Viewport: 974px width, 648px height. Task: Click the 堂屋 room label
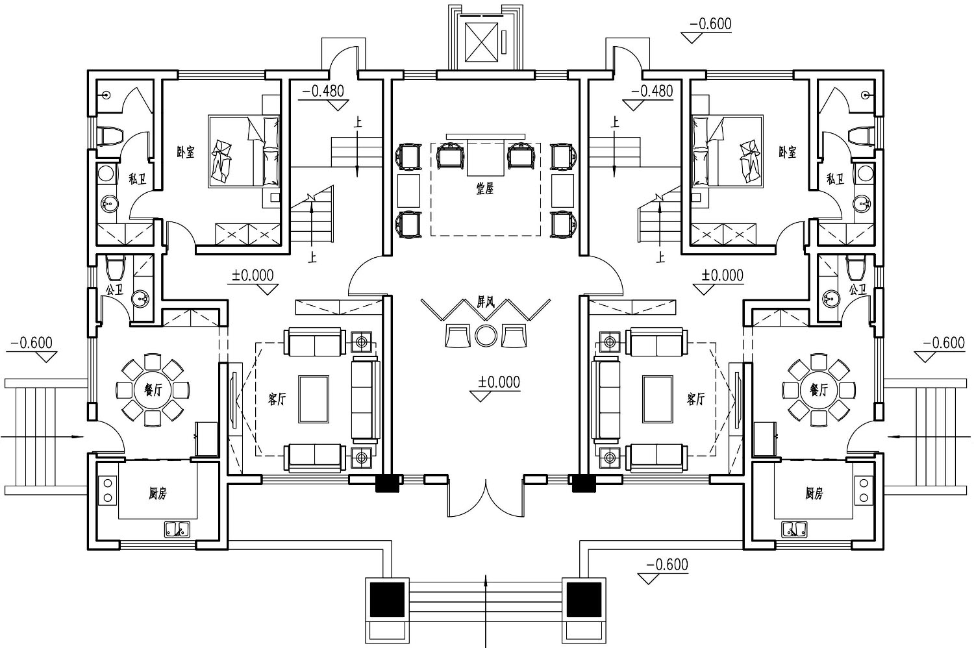click(485, 188)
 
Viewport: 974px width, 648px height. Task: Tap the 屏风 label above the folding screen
click(486, 303)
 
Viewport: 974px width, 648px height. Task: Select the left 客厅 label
click(277, 399)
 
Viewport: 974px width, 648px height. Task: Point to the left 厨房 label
click(157, 493)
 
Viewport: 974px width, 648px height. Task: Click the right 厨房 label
click(814, 493)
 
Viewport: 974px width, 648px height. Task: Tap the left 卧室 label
click(186, 152)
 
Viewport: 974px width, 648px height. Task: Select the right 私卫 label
click(835, 179)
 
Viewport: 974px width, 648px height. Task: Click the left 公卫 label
click(114, 290)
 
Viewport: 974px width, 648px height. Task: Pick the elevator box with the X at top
click(481, 42)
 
